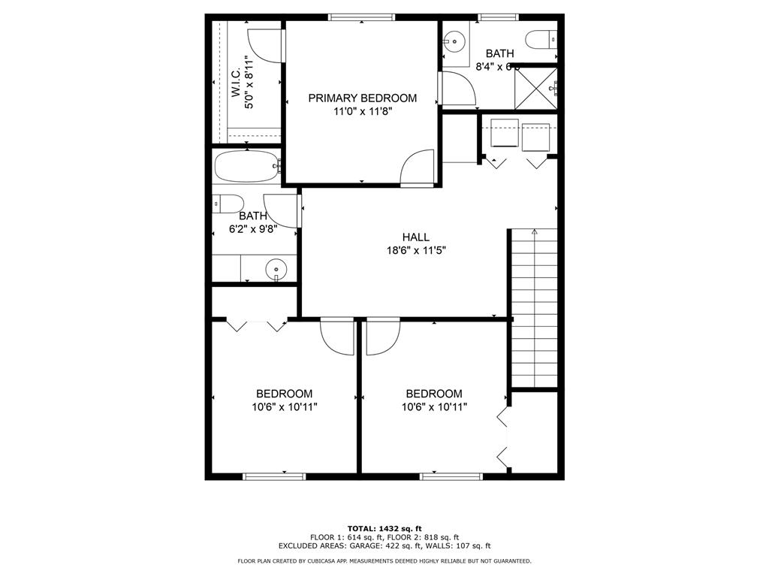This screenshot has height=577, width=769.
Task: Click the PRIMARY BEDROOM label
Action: (x=362, y=98)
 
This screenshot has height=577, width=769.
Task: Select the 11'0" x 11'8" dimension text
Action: (x=362, y=111)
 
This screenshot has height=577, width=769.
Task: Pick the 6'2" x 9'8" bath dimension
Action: (x=253, y=229)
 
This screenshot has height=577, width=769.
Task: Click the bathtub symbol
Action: (x=246, y=167)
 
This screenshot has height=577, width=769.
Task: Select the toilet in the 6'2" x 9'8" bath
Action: (x=228, y=203)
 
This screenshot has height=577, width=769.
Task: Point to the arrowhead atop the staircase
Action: (x=534, y=232)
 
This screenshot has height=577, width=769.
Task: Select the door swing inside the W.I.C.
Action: (x=264, y=46)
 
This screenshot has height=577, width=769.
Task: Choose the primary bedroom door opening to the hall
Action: (x=418, y=168)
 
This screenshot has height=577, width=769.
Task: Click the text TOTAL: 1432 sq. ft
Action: (x=384, y=528)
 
